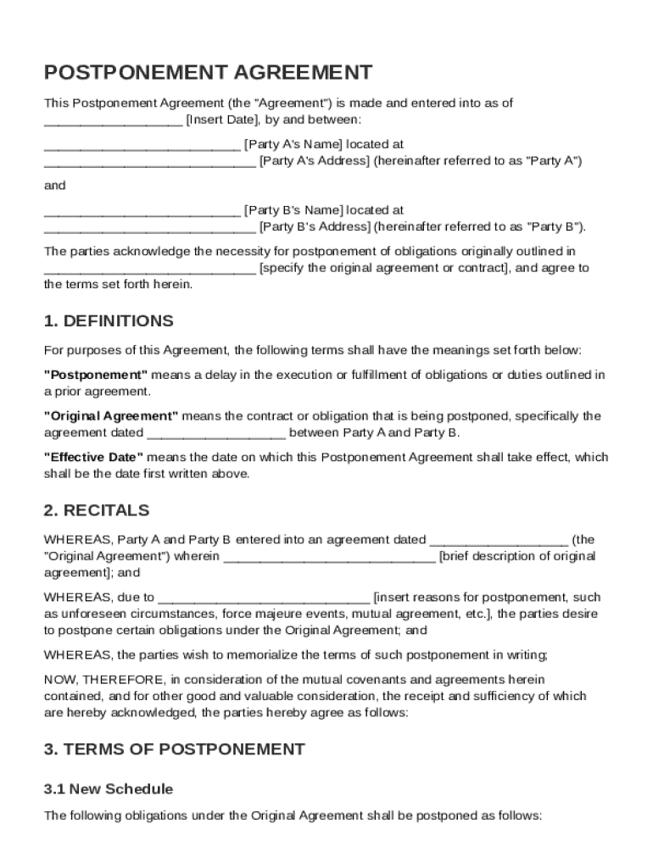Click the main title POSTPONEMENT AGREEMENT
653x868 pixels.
pyautogui.click(x=208, y=72)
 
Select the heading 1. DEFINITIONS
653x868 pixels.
pyautogui.click(x=109, y=321)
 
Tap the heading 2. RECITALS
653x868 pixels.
pyautogui.click(x=96, y=510)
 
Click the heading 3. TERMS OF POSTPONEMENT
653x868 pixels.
pyautogui.click(x=174, y=748)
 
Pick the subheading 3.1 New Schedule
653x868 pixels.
pyautogui.click(x=108, y=789)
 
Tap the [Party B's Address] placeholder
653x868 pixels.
pyautogui.click(x=315, y=226)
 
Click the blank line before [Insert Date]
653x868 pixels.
pyautogui.click(x=113, y=120)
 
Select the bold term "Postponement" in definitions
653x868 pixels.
pyautogui.click(x=96, y=375)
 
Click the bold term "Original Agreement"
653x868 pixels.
pyautogui.click(x=111, y=416)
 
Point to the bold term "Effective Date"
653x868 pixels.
pyautogui.click(x=93, y=457)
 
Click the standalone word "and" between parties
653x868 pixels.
pyautogui.click(x=54, y=185)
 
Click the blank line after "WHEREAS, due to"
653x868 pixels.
pyautogui.click(x=264, y=598)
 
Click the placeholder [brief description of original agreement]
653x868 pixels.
pyautogui.click(x=517, y=556)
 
